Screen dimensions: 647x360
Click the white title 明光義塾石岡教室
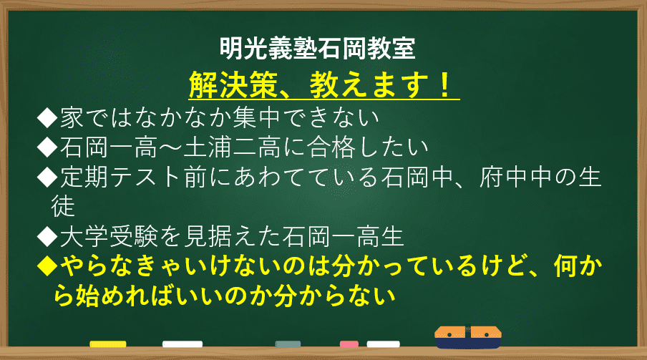(317, 49)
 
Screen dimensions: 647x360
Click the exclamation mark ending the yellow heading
(445, 85)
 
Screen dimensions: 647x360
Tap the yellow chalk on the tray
(108, 344)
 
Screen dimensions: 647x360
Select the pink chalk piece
(349, 344)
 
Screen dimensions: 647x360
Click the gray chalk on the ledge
(288, 344)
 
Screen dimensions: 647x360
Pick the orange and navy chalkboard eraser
(468, 337)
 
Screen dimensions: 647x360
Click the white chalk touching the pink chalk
(384, 344)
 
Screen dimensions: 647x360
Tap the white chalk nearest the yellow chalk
(183, 344)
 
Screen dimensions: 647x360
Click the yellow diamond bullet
(47, 266)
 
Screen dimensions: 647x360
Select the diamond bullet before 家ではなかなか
(47, 118)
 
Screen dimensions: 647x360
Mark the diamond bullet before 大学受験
(47, 237)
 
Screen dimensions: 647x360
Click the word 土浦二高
(232, 147)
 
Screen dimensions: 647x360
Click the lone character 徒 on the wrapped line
(63, 206)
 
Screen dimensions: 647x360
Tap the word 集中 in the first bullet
(256, 118)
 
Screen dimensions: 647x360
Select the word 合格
(331, 147)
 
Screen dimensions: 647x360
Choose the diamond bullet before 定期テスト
(47, 177)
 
